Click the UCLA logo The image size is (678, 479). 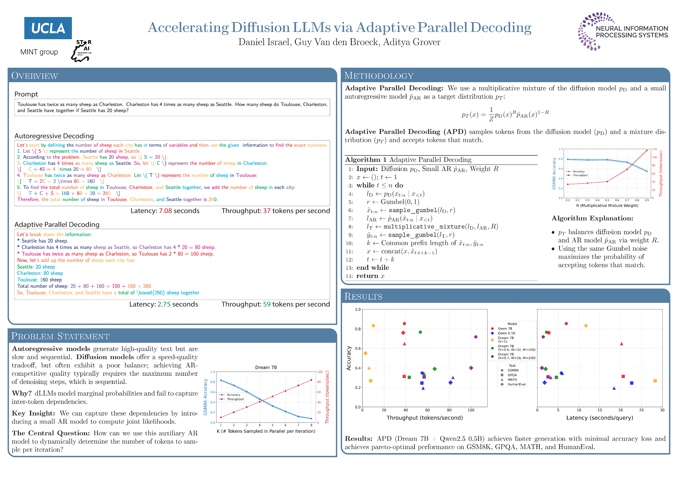pyautogui.click(x=48, y=28)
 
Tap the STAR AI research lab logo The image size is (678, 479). pyautogui.click(x=81, y=51)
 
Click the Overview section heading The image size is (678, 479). pyautogui.click(x=34, y=76)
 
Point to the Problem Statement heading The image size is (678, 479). pyautogui.click(x=60, y=336)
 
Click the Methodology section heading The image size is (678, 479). pyautogui.click(x=379, y=76)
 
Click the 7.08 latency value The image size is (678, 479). pyautogui.click(x=165, y=211)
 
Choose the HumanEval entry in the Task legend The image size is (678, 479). pyautogui.click(x=516, y=384)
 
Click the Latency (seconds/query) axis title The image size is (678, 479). pyautogui.click(x=599, y=418)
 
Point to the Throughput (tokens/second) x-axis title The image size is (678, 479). pyautogui.click(x=424, y=418)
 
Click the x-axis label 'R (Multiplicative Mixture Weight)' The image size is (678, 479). pyautogui.click(x=607, y=206)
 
